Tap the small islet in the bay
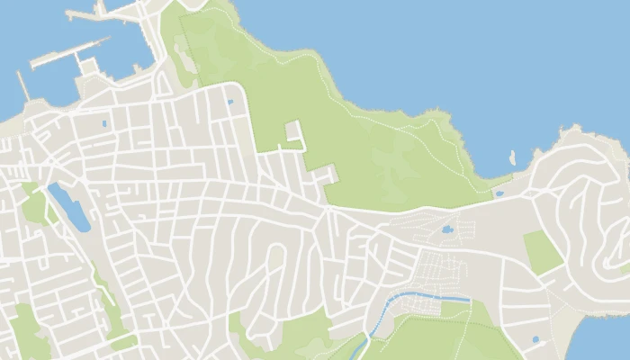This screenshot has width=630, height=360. [512, 157]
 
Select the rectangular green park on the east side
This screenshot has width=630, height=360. [543, 251]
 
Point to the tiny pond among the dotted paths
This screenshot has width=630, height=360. [447, 229]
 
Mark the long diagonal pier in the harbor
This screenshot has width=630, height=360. [67, 53]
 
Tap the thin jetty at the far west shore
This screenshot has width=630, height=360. [23, 86]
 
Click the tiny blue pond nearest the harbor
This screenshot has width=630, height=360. [105, 123]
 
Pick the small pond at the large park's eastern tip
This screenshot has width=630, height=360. [499, 193]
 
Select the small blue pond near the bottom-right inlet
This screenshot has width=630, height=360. [536, 339]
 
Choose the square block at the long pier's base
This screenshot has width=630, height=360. [88, 66]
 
